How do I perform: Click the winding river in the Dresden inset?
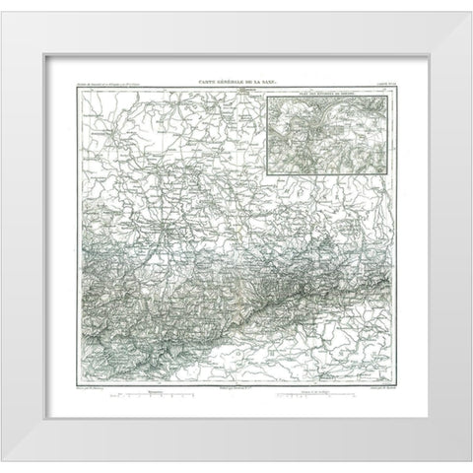(x=311, y=116)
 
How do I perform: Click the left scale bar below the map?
(x=154, y=400)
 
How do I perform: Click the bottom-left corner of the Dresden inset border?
(x=269, y=152)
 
